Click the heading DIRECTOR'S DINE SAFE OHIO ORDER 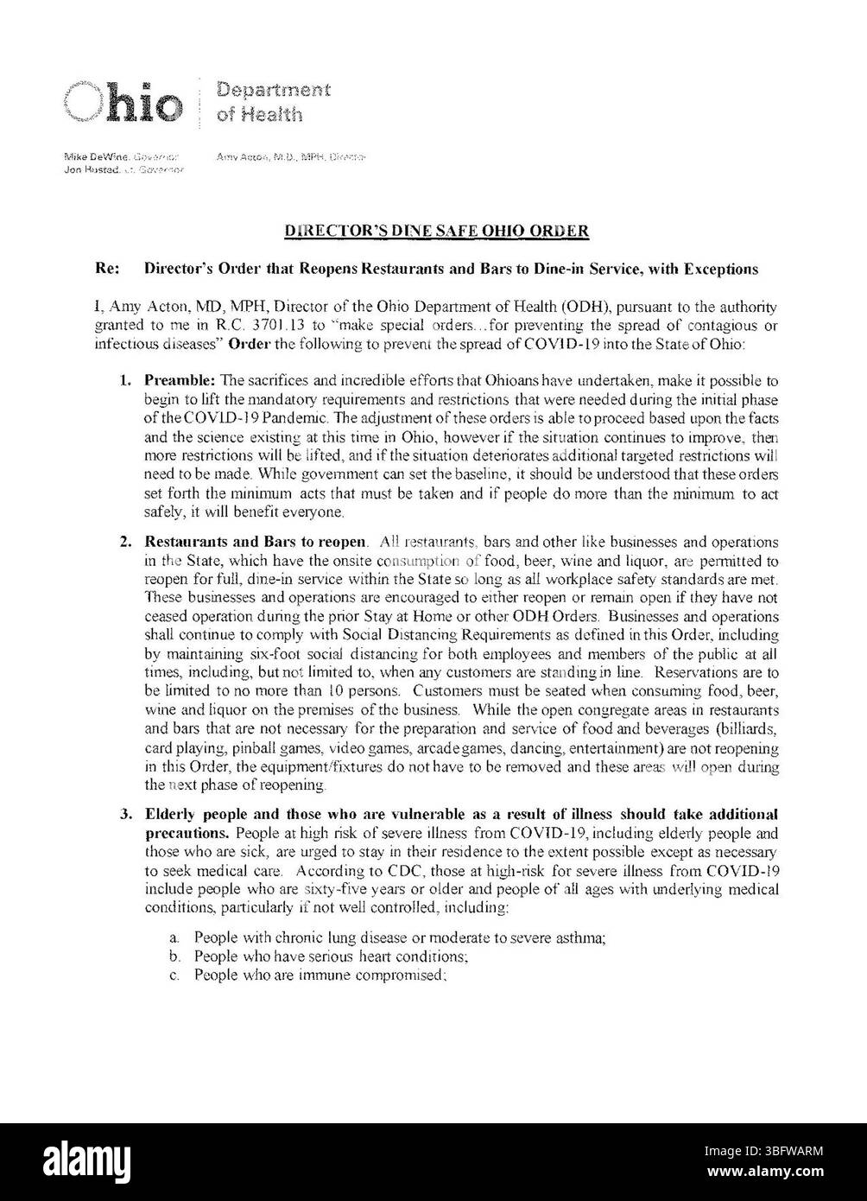[x=437, y=231]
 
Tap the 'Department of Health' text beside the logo [x=273, y=102]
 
